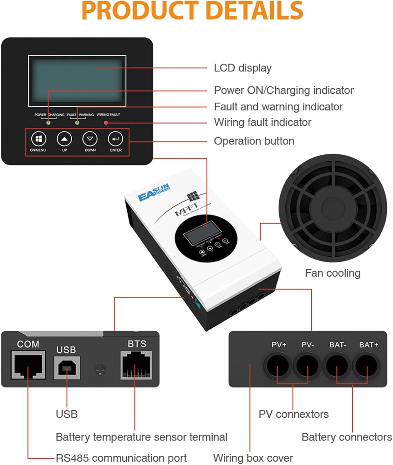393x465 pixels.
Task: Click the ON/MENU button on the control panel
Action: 38,139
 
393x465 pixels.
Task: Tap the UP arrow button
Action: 64,139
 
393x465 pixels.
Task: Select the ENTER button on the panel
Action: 115,139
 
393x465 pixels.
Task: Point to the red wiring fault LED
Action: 106,123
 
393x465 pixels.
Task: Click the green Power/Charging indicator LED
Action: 48,123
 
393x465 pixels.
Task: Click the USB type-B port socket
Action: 67,368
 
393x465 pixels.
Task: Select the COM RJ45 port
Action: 28,365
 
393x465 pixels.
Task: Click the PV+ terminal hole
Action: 278,365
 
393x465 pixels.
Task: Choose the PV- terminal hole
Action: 307,365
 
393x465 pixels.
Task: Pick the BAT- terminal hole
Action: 337,365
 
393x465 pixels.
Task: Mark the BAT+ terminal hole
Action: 367,365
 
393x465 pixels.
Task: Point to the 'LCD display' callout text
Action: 242,68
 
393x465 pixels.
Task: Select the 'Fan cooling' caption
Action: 332,273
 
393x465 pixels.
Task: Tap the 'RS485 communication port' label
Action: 121,458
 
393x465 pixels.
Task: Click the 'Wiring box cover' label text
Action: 253,458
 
